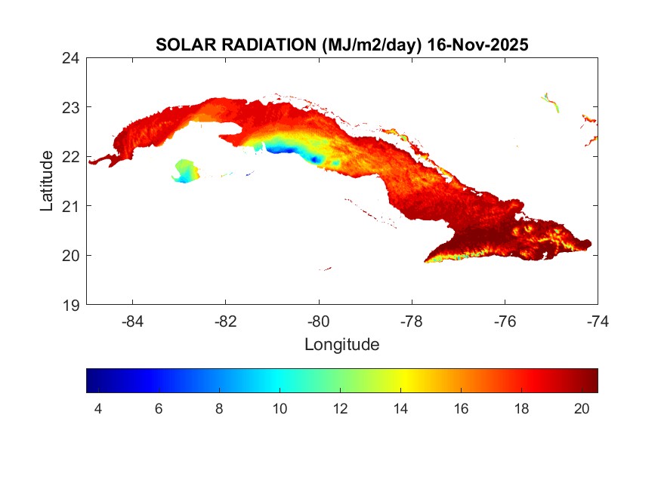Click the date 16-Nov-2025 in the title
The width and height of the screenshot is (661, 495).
point(477,45)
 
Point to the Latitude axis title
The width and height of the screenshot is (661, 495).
point(47,180)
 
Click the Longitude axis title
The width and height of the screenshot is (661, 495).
point(341,345)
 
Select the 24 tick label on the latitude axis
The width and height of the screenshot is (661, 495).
point(72,58)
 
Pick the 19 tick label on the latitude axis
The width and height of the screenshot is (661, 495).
point(72,305)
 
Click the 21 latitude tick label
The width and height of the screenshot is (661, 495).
point(72,206)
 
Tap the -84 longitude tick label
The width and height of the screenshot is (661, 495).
point(133,321)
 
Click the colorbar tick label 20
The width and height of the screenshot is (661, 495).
point(582,408)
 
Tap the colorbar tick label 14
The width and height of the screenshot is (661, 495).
point(400,408)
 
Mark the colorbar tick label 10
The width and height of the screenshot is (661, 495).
point(280,408)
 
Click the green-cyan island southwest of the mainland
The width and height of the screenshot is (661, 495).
point(184,170)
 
